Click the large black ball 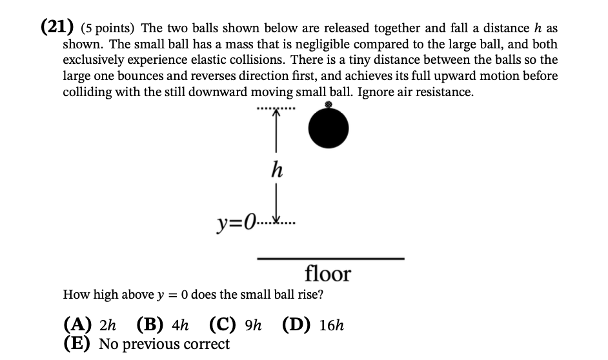(328, 128)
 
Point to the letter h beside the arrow (277, 170)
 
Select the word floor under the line (327, 274)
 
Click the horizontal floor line (330, 259)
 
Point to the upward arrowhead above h (276, 113)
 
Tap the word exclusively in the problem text (94, 61)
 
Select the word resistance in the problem (441, 92)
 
